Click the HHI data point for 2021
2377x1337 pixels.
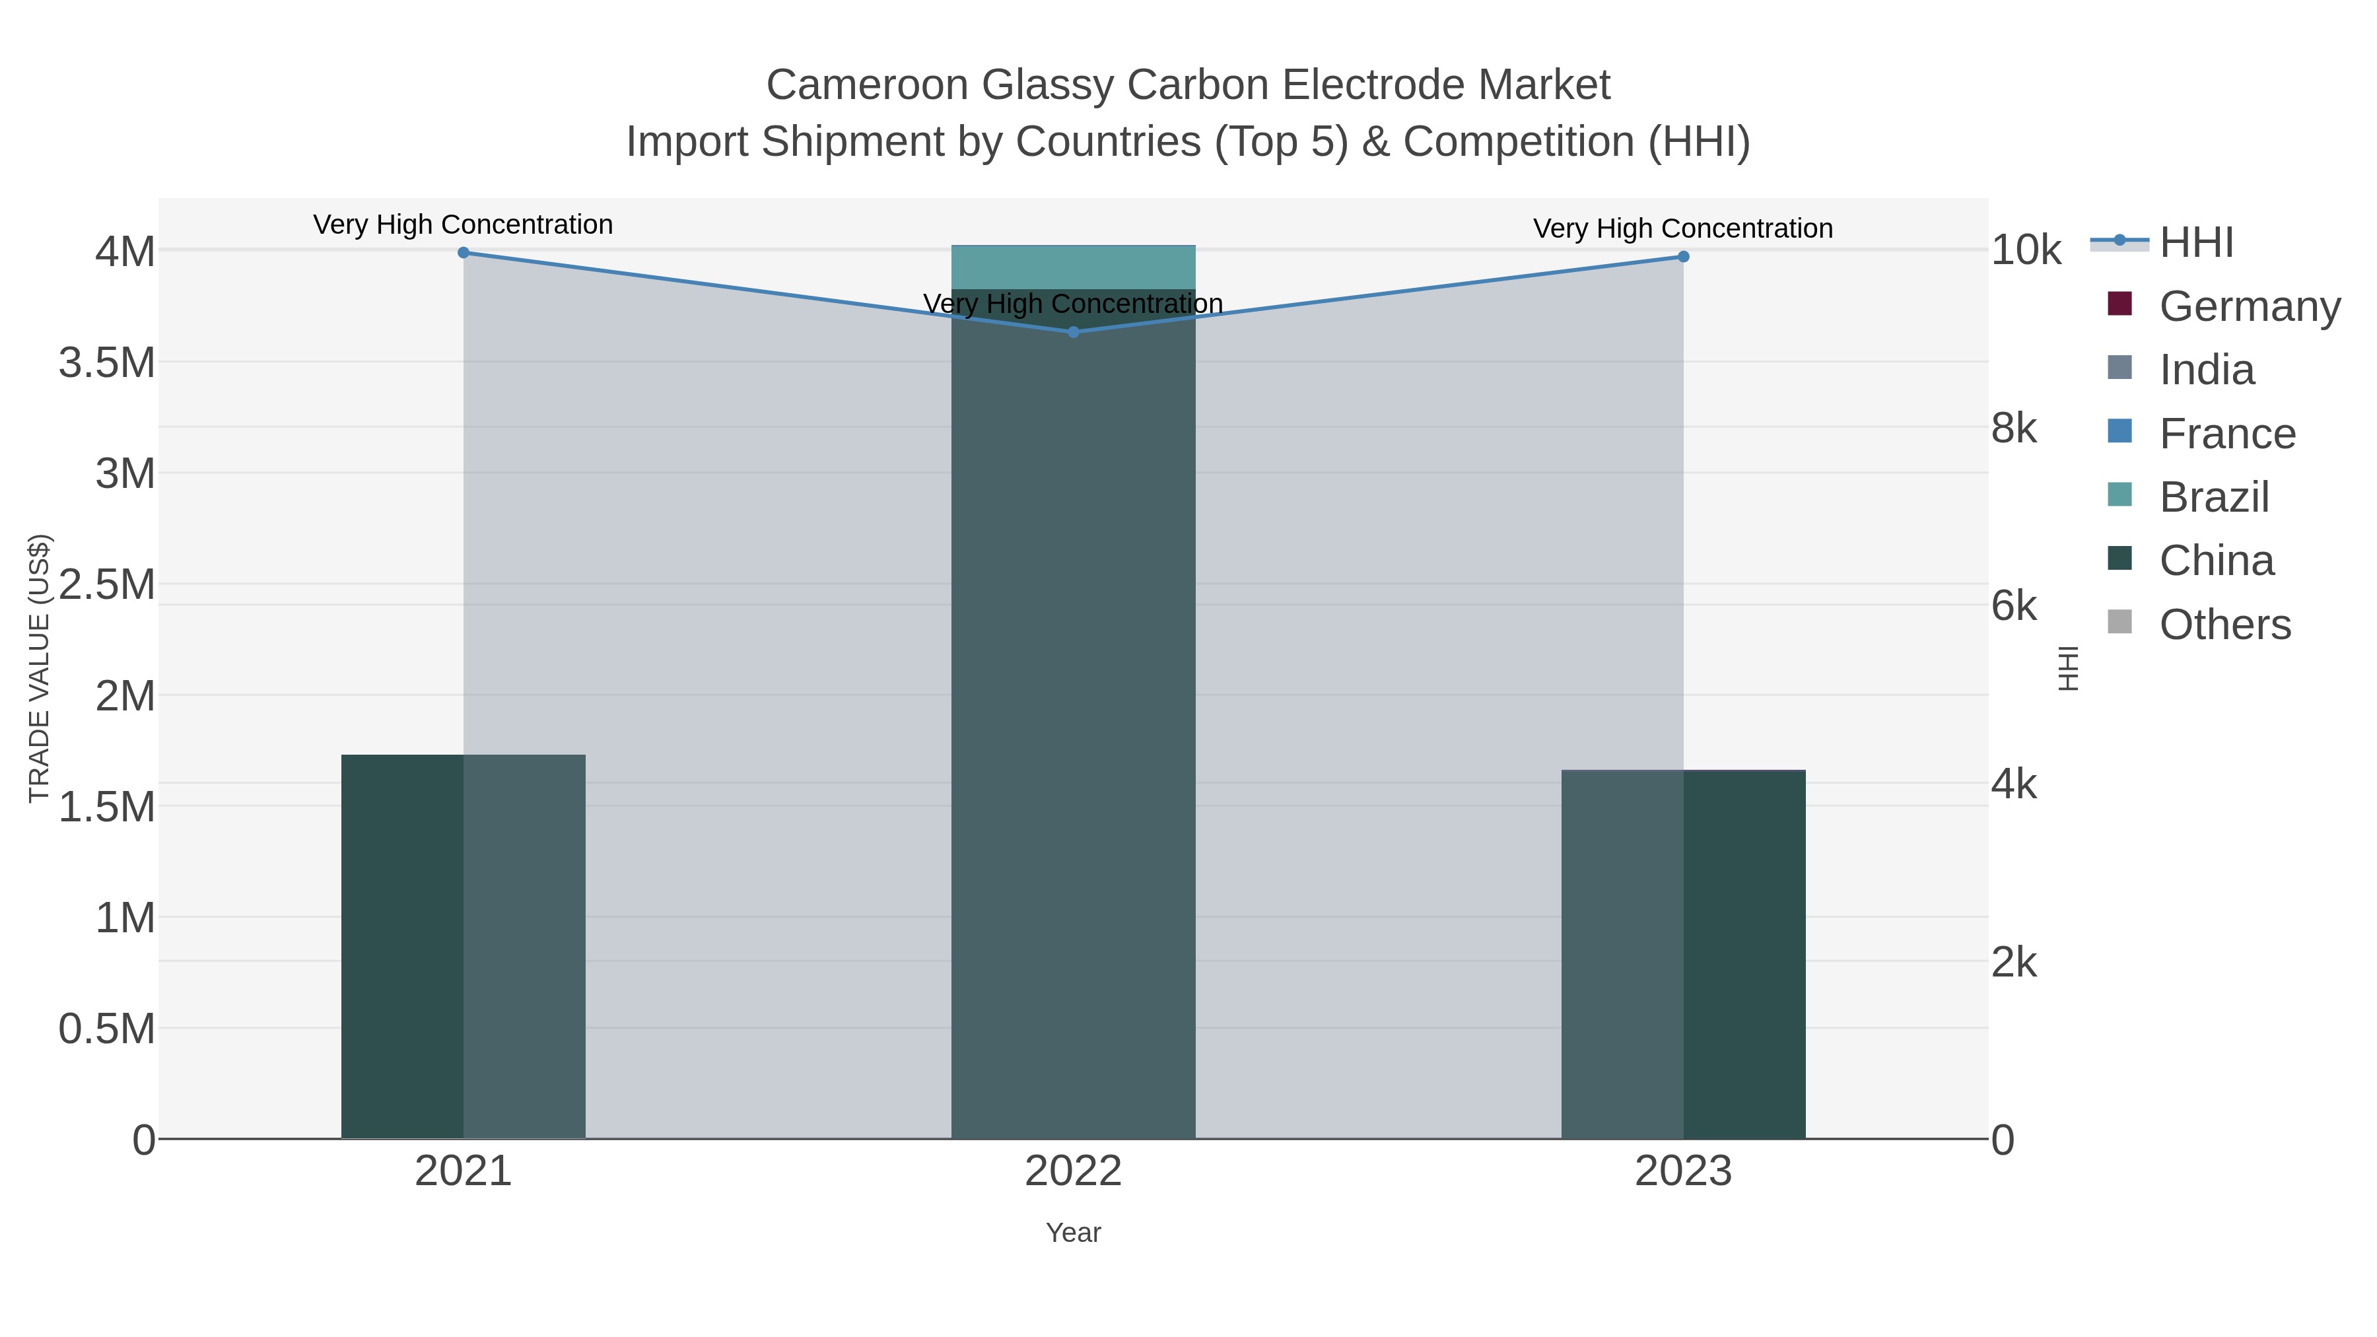tap(464, 253)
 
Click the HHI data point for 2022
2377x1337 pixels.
tap(1073, 332)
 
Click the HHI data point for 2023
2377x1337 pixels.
tap(1683, 257)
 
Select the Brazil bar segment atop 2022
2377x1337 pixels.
tap(1073, 267)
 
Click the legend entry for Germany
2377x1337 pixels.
tap(2249, 306)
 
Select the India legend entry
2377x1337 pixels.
tap(2206, 370)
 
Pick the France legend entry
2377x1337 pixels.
tap(2226, 434)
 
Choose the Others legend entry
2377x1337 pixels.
tap(2224, 625)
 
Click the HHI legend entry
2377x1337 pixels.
tap(2195, 243)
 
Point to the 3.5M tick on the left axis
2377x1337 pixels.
tap(107, 362)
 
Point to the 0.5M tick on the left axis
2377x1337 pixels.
tap(107, 1029)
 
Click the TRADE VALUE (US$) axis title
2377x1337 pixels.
tap(39, 668)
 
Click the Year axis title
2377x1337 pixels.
tap(1073, 1233)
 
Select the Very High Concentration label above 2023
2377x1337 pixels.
tap(1683, 229)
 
